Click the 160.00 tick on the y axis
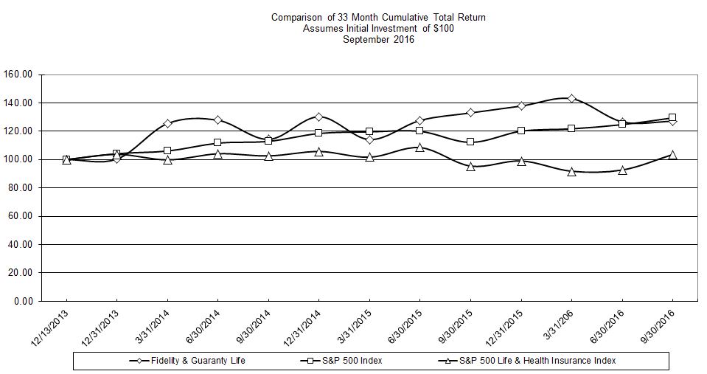tap(21, 75)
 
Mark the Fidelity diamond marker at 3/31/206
tap(571, 98)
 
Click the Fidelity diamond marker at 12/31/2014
tap(318, 117)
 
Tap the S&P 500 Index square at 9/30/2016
tap(672, 117)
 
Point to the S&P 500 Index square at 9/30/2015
tap(470, 142)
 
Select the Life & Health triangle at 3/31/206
tap(571, 171)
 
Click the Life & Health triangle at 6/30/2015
tap(419, 147)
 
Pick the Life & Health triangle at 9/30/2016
tap(672, 154)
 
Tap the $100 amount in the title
tap(444, 28)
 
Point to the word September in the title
tap(366, 40)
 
